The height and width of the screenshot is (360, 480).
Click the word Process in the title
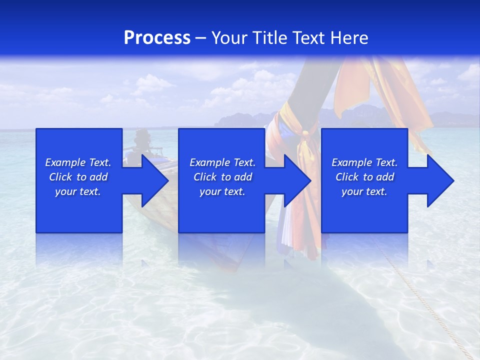point(157,38)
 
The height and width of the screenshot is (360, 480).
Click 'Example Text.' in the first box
point(78,162)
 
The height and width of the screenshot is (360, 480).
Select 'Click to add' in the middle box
point(222,177)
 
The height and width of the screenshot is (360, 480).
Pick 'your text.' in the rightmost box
point(364,191)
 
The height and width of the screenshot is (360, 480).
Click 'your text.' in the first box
point(78,191)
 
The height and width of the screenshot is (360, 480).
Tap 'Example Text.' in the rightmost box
point(364,162)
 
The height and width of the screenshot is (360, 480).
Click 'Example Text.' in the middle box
point(222,162)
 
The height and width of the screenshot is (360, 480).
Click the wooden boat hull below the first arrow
point(150,215)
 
